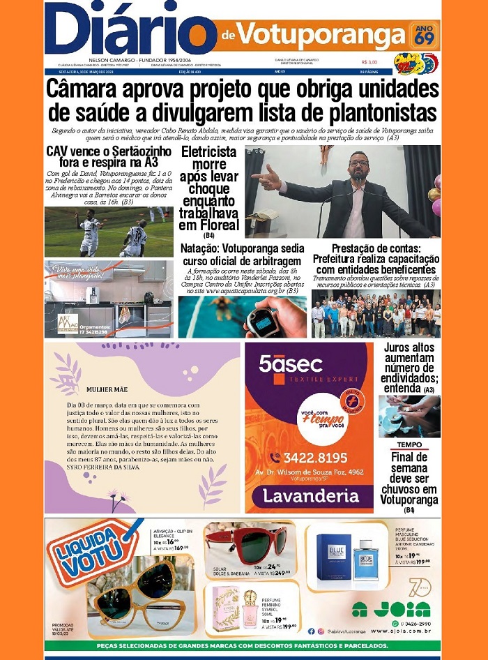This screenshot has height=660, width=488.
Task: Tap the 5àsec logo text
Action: click(291, 363)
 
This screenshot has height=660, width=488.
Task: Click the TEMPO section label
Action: click(409, 444)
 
